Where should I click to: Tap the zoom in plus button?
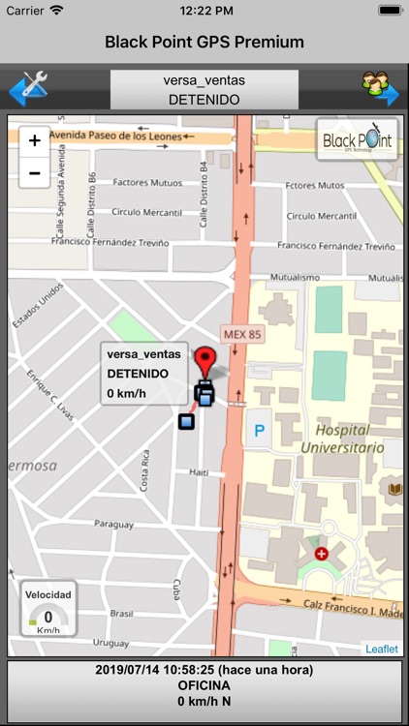tap(35, 140)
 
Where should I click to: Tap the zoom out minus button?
tap(35, 173)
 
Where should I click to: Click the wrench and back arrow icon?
tap(28, 88)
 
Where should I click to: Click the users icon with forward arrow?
tap(380, 88)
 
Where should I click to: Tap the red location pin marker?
tap(204, 363)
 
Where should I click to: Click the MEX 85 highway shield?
tap(243, 332)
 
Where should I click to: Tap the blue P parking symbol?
tap(258, 428)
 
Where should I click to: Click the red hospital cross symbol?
tap(321, 553)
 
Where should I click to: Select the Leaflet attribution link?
tap(381, 649)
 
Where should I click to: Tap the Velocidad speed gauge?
tap(48, 609)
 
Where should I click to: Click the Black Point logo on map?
tap(358, 139)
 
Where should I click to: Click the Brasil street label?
tap(120, 613)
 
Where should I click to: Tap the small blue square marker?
tap(186, 420)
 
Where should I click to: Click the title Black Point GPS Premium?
tap(204, 42)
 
